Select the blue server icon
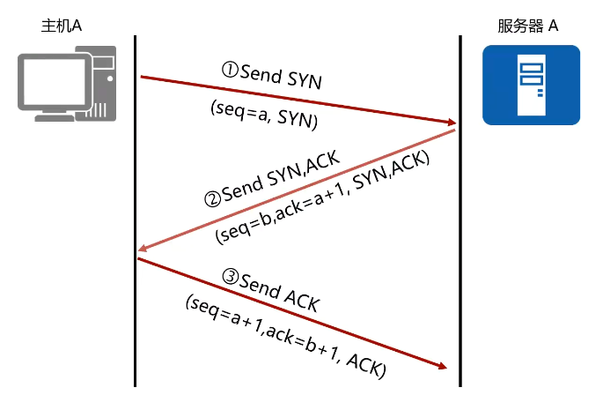[531, 85]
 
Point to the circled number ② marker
[211, 198]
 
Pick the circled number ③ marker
[231, 277]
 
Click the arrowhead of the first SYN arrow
[450, 123]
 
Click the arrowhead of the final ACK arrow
[443, 367]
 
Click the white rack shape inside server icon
[531, 85]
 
